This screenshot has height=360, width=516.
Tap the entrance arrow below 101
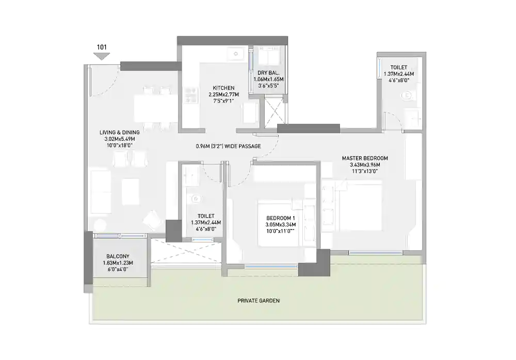(102, 56)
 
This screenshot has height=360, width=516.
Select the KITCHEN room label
(222, 88)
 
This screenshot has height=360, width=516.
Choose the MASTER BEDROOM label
(365, 158)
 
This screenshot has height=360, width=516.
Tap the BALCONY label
(118, 256)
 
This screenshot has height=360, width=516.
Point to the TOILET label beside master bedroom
(398, 68)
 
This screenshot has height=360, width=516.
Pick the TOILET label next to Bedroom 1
(206, 216)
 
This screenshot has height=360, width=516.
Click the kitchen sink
(237, 53)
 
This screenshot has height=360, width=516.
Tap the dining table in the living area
(153, 107)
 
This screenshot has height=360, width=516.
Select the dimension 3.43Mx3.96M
(365, 165)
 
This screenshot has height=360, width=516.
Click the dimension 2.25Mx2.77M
(222, 94)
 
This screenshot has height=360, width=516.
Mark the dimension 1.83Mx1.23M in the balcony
(118, 263)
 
